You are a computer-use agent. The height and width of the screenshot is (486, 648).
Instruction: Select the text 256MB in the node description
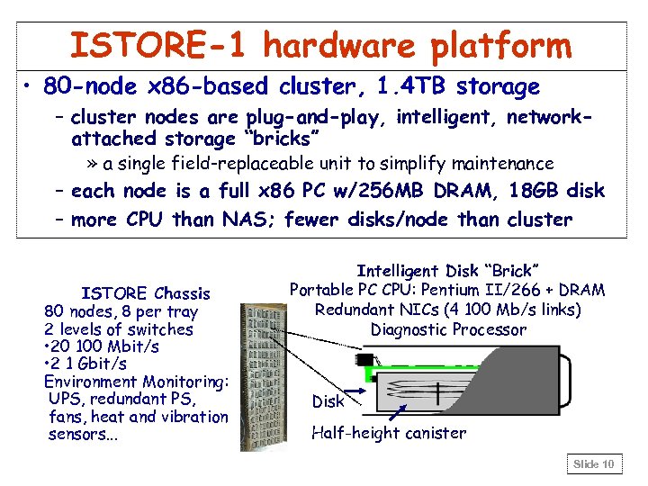point(367,191)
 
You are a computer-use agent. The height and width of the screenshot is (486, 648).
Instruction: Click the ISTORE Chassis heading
point(146,293)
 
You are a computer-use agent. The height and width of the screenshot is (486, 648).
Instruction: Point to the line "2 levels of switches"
point(119,328)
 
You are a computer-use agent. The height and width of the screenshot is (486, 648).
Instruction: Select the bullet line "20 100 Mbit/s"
point(102,346)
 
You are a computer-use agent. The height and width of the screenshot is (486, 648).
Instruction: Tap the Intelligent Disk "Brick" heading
point(447,271)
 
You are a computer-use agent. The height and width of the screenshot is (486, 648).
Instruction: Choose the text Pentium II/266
point(486,290)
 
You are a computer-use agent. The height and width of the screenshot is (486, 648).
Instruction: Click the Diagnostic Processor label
point(447,329)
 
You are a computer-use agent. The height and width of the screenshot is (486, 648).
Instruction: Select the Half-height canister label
point(389,433)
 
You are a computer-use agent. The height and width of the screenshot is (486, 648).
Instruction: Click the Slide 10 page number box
point(594,464)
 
